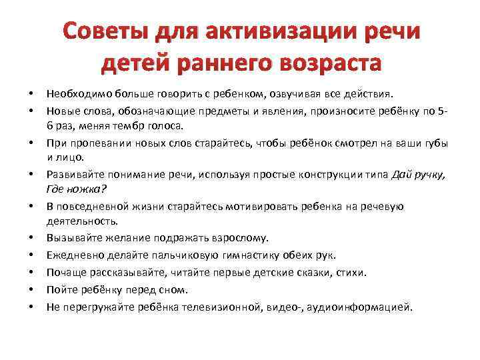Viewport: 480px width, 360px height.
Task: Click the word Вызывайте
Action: (x=73, y=238)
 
